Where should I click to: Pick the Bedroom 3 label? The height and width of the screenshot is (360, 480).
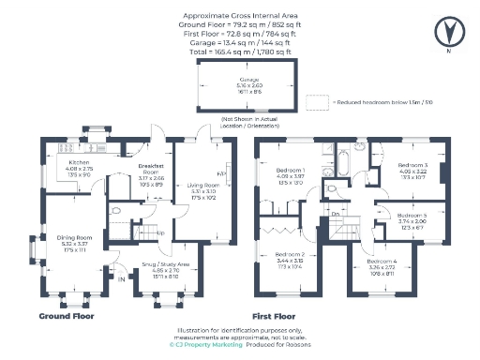(x=412, y=165)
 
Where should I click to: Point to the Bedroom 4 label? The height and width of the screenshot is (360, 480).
(x=383, y=261)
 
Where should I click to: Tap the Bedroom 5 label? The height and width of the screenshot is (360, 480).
(x=412, y=215)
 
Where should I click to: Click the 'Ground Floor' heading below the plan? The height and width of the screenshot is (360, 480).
(x=65, y=317)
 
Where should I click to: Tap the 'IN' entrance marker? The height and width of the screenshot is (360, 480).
(x=121, y=277)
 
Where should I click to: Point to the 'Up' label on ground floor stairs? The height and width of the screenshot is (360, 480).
(x=160, y=232)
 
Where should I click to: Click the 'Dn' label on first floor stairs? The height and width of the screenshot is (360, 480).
(x=335, y=215)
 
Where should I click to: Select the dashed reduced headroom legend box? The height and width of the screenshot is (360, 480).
(x=315, y=99)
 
